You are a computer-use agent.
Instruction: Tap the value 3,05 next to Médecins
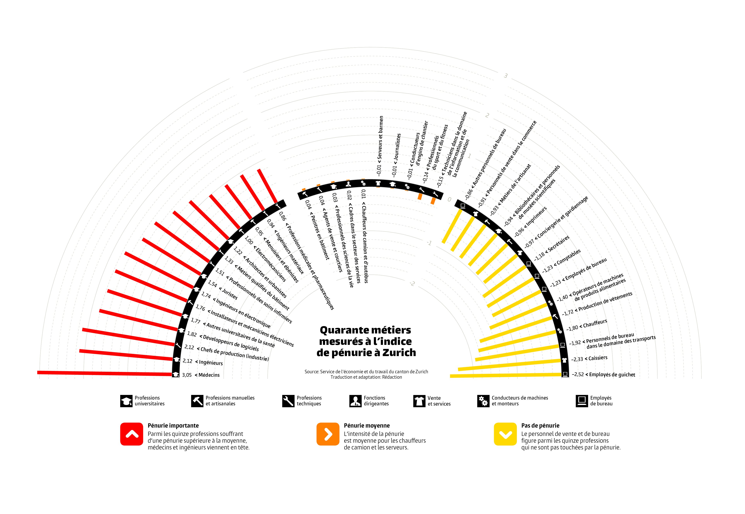click(187, 375)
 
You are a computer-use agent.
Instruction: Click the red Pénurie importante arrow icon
click(132, 434)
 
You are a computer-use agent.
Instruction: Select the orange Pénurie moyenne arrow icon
click(328, 434)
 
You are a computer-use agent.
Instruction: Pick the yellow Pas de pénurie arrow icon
click(505, 434)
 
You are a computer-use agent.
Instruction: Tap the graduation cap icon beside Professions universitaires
click(126, 401)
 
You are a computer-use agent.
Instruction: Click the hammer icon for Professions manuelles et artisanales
click(197, 401)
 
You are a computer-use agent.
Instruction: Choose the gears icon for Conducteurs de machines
click(483, 401)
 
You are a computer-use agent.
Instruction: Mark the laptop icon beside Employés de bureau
click(582, 401)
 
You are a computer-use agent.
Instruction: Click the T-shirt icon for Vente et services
click(419, 401)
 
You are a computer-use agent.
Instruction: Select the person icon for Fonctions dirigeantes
click(355, 401)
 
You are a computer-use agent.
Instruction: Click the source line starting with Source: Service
click(366, 372)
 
